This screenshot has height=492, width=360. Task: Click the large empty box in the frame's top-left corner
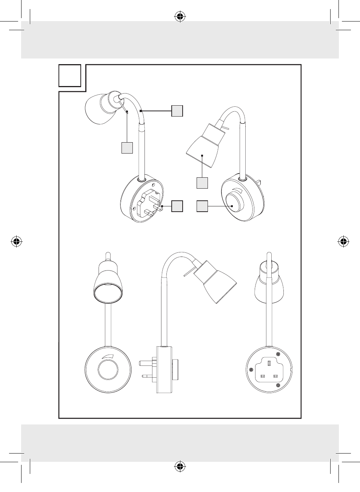click(x=70, y=75)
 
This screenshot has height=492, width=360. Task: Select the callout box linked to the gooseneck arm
click(x=177, y=111)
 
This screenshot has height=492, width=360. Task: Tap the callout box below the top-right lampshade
click(x=202, y=183)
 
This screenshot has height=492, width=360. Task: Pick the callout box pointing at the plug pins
click(x=177, y=206)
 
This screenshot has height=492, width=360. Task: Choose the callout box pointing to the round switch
click(x=202, y=206)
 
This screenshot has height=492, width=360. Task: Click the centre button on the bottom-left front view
click(x=108, y=369)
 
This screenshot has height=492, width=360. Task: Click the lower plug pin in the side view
click(x=148, y=376)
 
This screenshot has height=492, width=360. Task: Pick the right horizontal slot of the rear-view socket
click(x=276, y=376)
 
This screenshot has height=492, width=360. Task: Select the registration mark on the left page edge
click(x=16, y=241)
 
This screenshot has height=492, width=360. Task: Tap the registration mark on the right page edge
click(x=343, y=241)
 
